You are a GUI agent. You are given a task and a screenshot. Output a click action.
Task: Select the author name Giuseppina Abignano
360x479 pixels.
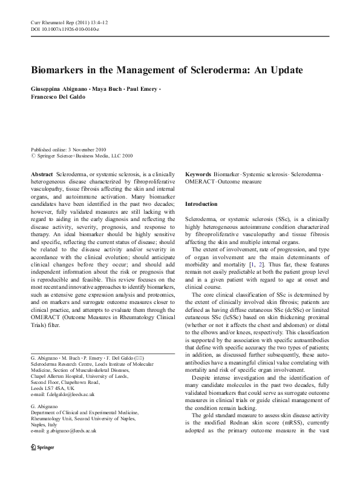(x=55, y=89)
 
